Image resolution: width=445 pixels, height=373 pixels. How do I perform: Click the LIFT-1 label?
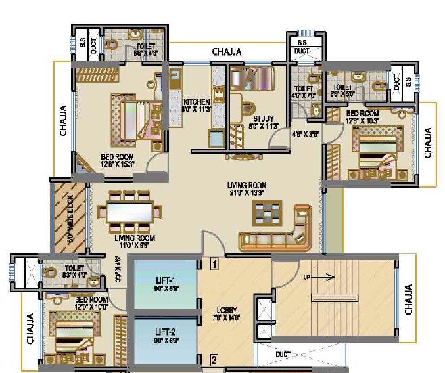pos(165,280)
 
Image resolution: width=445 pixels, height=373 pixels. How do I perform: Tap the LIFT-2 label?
pos(165,333)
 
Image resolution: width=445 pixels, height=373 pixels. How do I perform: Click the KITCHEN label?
pos(195,102)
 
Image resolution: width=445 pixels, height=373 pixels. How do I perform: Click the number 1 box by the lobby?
pos(214,265)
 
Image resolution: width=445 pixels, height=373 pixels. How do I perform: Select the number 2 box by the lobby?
pos(214,359)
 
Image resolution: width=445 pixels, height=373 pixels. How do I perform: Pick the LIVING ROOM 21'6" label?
pos(247,188)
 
